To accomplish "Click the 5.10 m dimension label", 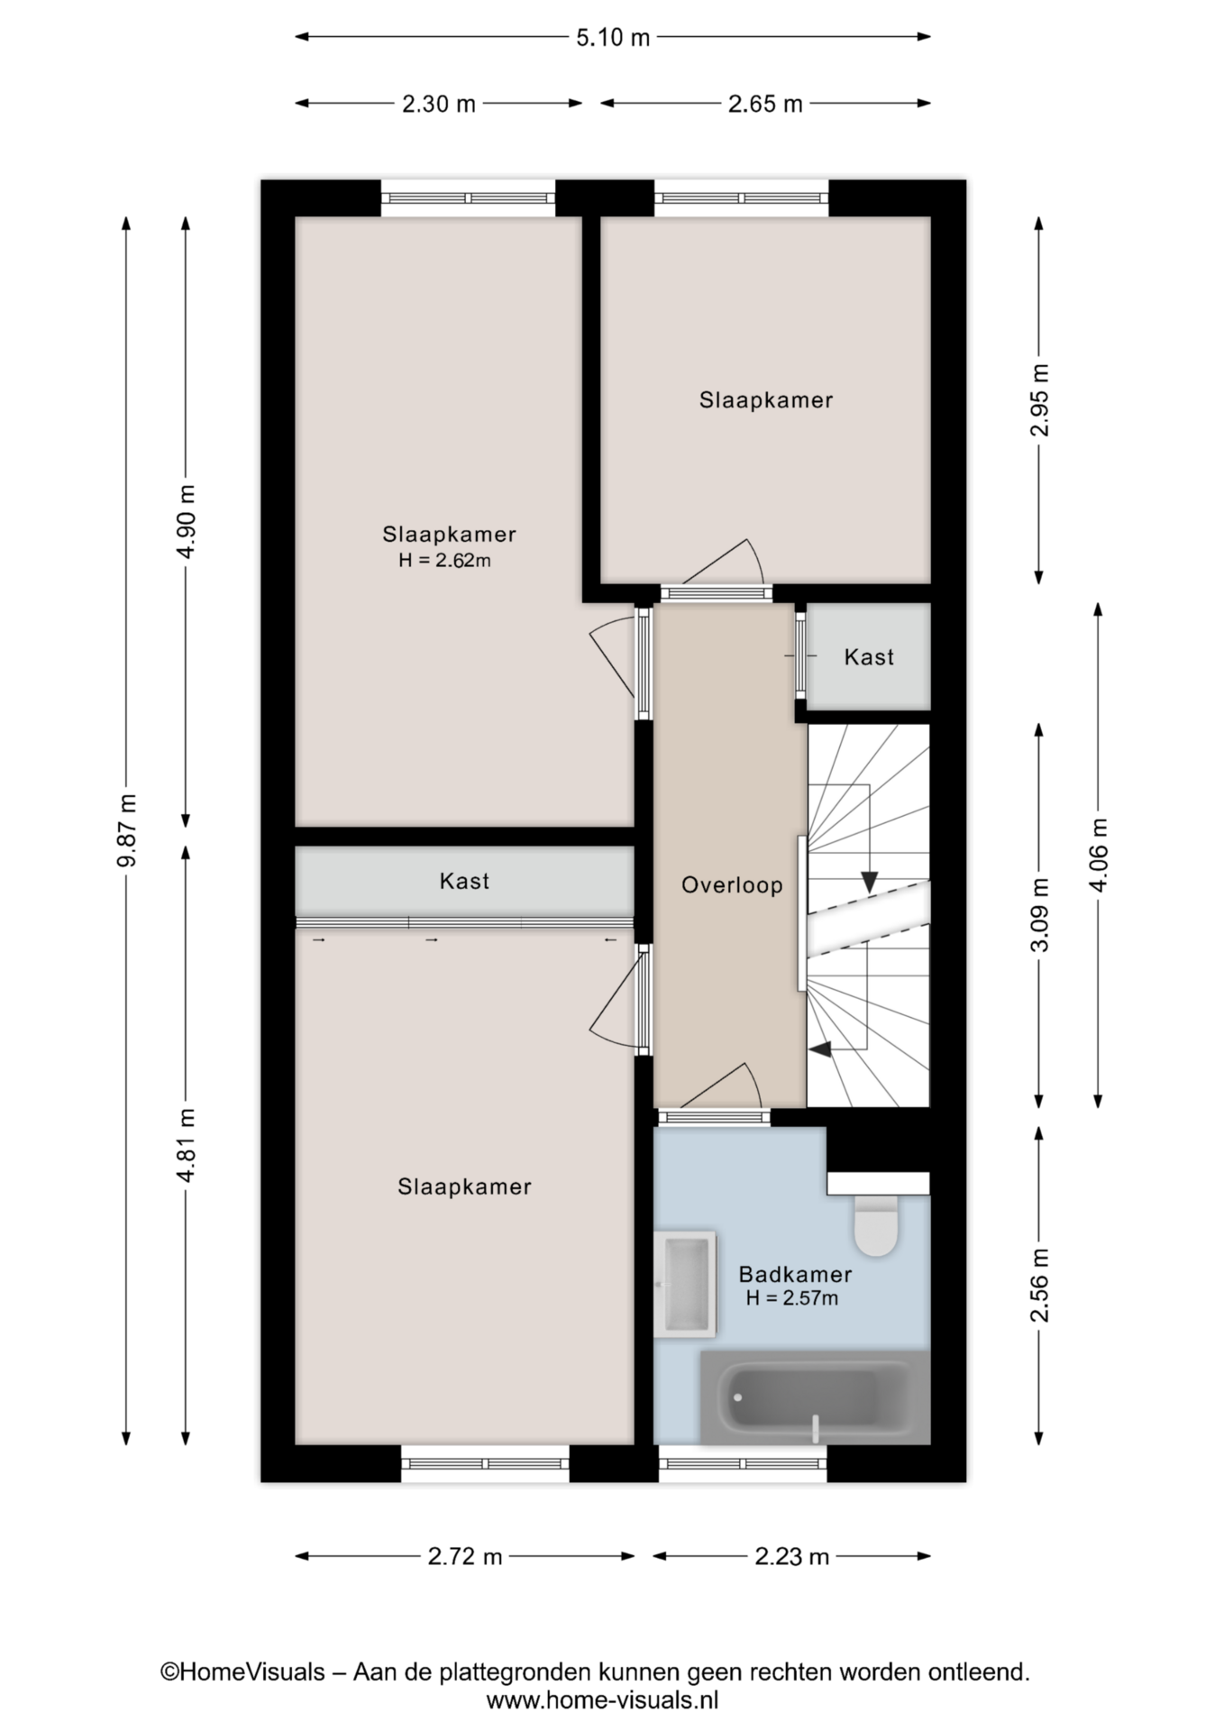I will (x=613, y=38).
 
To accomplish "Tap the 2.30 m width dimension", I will (x=438, y=104).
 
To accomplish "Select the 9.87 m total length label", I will (x=126, y=830).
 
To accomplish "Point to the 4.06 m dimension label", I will (x=1098, y=853).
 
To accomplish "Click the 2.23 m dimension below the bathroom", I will (x=790, y=1556).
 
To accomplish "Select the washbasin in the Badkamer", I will (x=685, y=1284).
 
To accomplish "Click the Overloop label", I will (x=732, y=885).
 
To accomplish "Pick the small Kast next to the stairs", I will (x=869, y=657).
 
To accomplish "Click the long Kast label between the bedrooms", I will (x=464, y=881).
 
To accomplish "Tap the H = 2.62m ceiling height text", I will (x=445, y=561).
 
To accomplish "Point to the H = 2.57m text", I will (x=792, y=1298).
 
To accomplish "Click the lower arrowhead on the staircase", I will (x=820, y=1049).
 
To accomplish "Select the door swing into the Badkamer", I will (x=721, y=1086).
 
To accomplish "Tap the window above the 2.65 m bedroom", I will (x=741, y=198).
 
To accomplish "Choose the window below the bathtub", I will (x=743, y=1463).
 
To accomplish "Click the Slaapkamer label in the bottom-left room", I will (x=464, y=1186).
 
